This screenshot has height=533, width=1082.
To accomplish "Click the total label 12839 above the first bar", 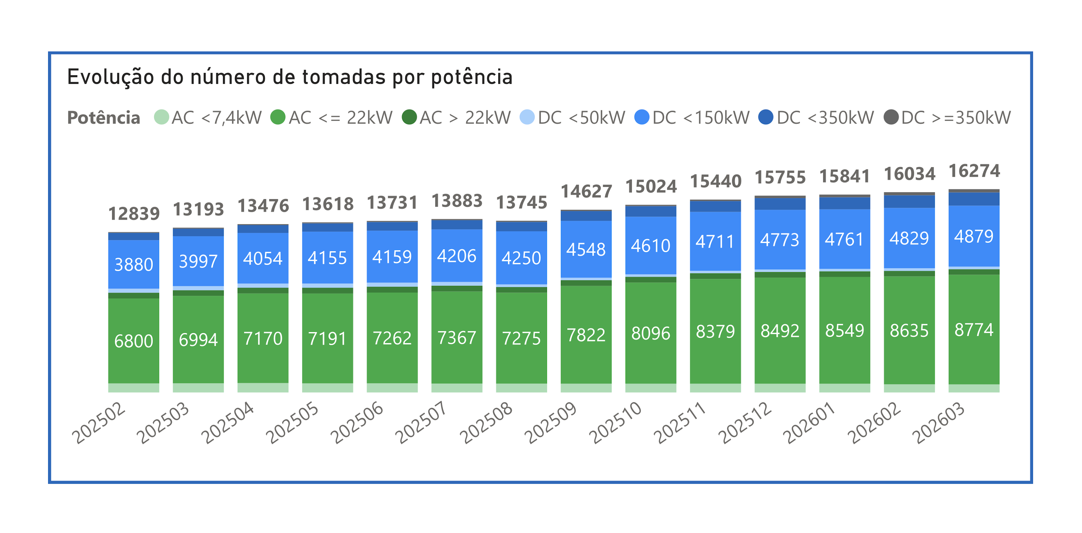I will coord(134,214).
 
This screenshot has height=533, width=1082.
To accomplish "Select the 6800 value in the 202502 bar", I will coord(134,341).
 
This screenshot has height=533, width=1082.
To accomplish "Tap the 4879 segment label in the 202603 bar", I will coord(973,236).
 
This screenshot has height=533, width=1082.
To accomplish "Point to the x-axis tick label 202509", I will coord(551,422).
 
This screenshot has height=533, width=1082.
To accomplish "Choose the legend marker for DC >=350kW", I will coord(891,117).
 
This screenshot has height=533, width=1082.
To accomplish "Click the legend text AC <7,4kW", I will coord(216,118).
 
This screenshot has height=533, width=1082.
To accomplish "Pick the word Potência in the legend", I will coord(104,118).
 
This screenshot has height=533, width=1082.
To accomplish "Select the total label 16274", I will coord(974,171).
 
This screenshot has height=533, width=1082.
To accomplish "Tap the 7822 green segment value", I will coord(586,335).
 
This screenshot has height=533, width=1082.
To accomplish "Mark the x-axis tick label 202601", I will coord(809,422).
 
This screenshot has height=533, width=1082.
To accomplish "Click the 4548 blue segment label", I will coord(586,249).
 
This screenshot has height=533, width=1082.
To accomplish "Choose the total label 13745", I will coord(521,202).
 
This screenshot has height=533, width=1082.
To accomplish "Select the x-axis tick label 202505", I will coord(292,422).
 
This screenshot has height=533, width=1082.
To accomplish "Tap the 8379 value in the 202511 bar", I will coord(715,332).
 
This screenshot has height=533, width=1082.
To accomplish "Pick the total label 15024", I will coord(651,186).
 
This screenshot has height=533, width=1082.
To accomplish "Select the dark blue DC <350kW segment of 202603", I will coord(973,199).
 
